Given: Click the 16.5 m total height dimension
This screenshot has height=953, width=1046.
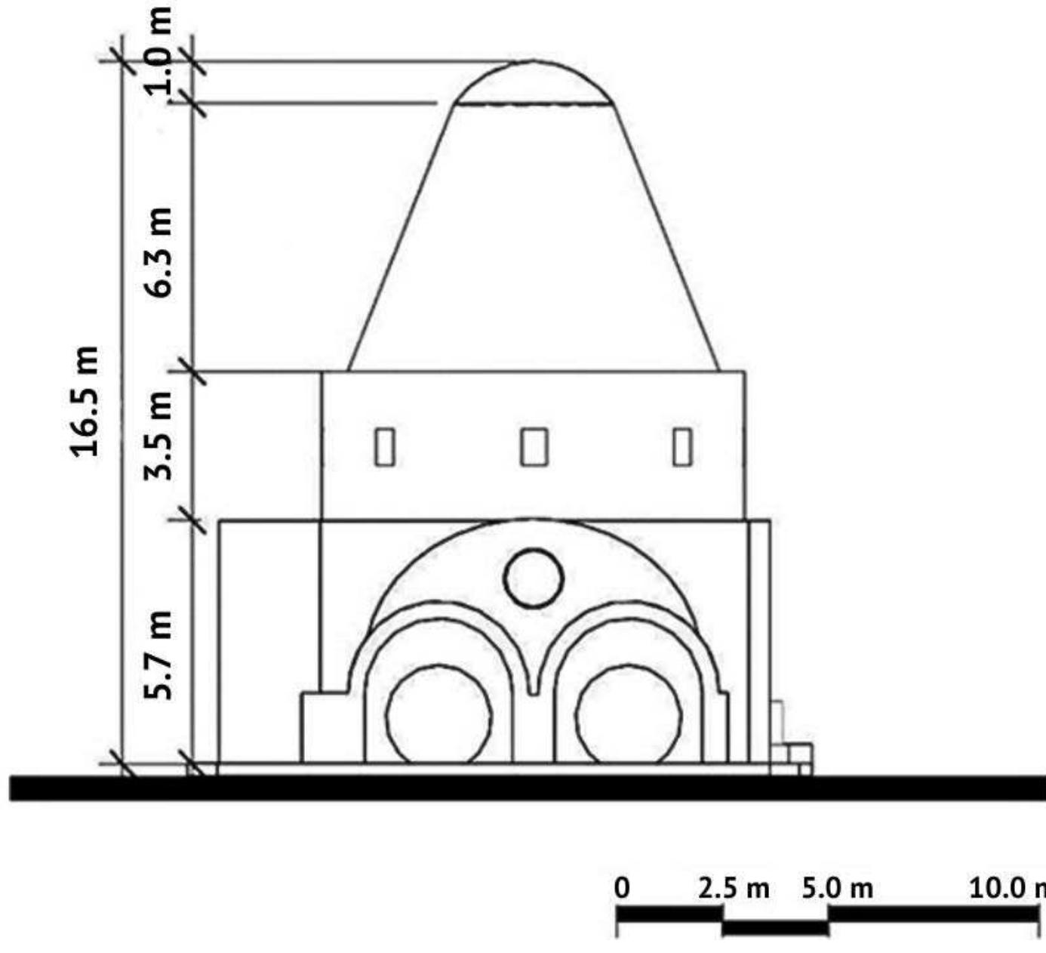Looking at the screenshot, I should pyautogui.click(x=85, y=401).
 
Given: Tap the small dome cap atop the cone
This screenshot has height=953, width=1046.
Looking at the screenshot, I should pyautogui.click(x=533, y=83).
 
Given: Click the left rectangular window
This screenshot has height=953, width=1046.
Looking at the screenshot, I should pyautogui.click(x=385, y=446).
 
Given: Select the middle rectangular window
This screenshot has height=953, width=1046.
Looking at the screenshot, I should pyautogui.click(x=534, y=446).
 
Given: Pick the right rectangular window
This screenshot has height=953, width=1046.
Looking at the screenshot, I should pyautogui.click(x=682, y=446).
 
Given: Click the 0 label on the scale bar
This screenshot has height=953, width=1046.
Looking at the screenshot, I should pyautogui.click(x=621, y=888).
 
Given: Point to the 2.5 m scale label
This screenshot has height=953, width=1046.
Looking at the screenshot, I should pyautogui.click(x=734, y=888).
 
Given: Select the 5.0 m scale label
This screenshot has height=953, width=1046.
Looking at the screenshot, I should pyautogui.click(x=837, y=888).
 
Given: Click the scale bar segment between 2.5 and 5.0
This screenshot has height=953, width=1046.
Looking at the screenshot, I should pyautogui.click(x=775, y=927).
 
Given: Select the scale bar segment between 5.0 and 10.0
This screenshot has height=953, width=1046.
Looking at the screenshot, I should pyautogui.click(x=934, y=914).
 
